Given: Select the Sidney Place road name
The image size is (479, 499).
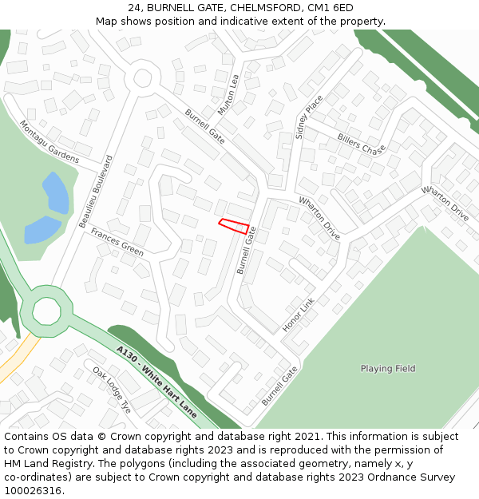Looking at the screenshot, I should click(309, 117).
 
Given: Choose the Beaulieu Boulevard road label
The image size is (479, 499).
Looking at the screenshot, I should click(97, 192).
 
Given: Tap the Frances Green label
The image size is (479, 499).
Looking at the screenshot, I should click(117, 242).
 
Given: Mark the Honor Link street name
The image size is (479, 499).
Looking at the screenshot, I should click(299, 315).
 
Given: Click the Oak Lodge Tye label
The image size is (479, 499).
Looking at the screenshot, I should click(111, 390).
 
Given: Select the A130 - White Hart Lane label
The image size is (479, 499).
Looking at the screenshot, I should click(156, 382).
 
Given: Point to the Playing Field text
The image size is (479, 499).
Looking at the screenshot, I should click(388, 369).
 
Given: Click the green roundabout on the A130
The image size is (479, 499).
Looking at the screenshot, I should click(46, 311).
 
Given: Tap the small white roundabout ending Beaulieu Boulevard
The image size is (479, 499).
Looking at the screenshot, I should click(142, 78).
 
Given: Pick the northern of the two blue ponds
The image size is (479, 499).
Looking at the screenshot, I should click(56, 192).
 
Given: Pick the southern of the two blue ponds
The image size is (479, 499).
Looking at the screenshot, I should click(42, 230).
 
